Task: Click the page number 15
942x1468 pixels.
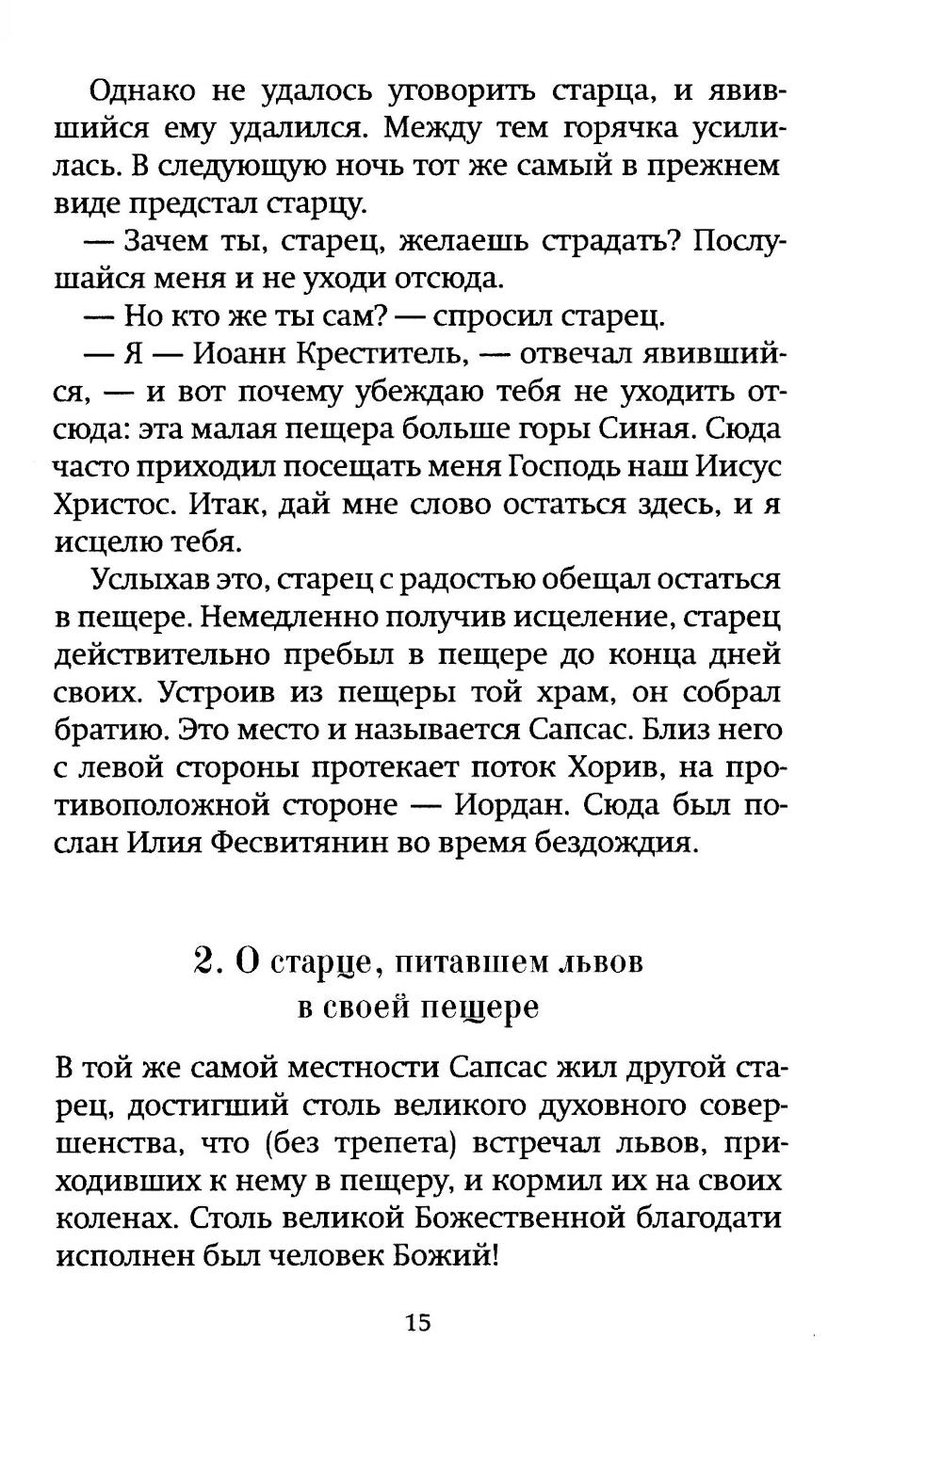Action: (x=418, y=1322)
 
